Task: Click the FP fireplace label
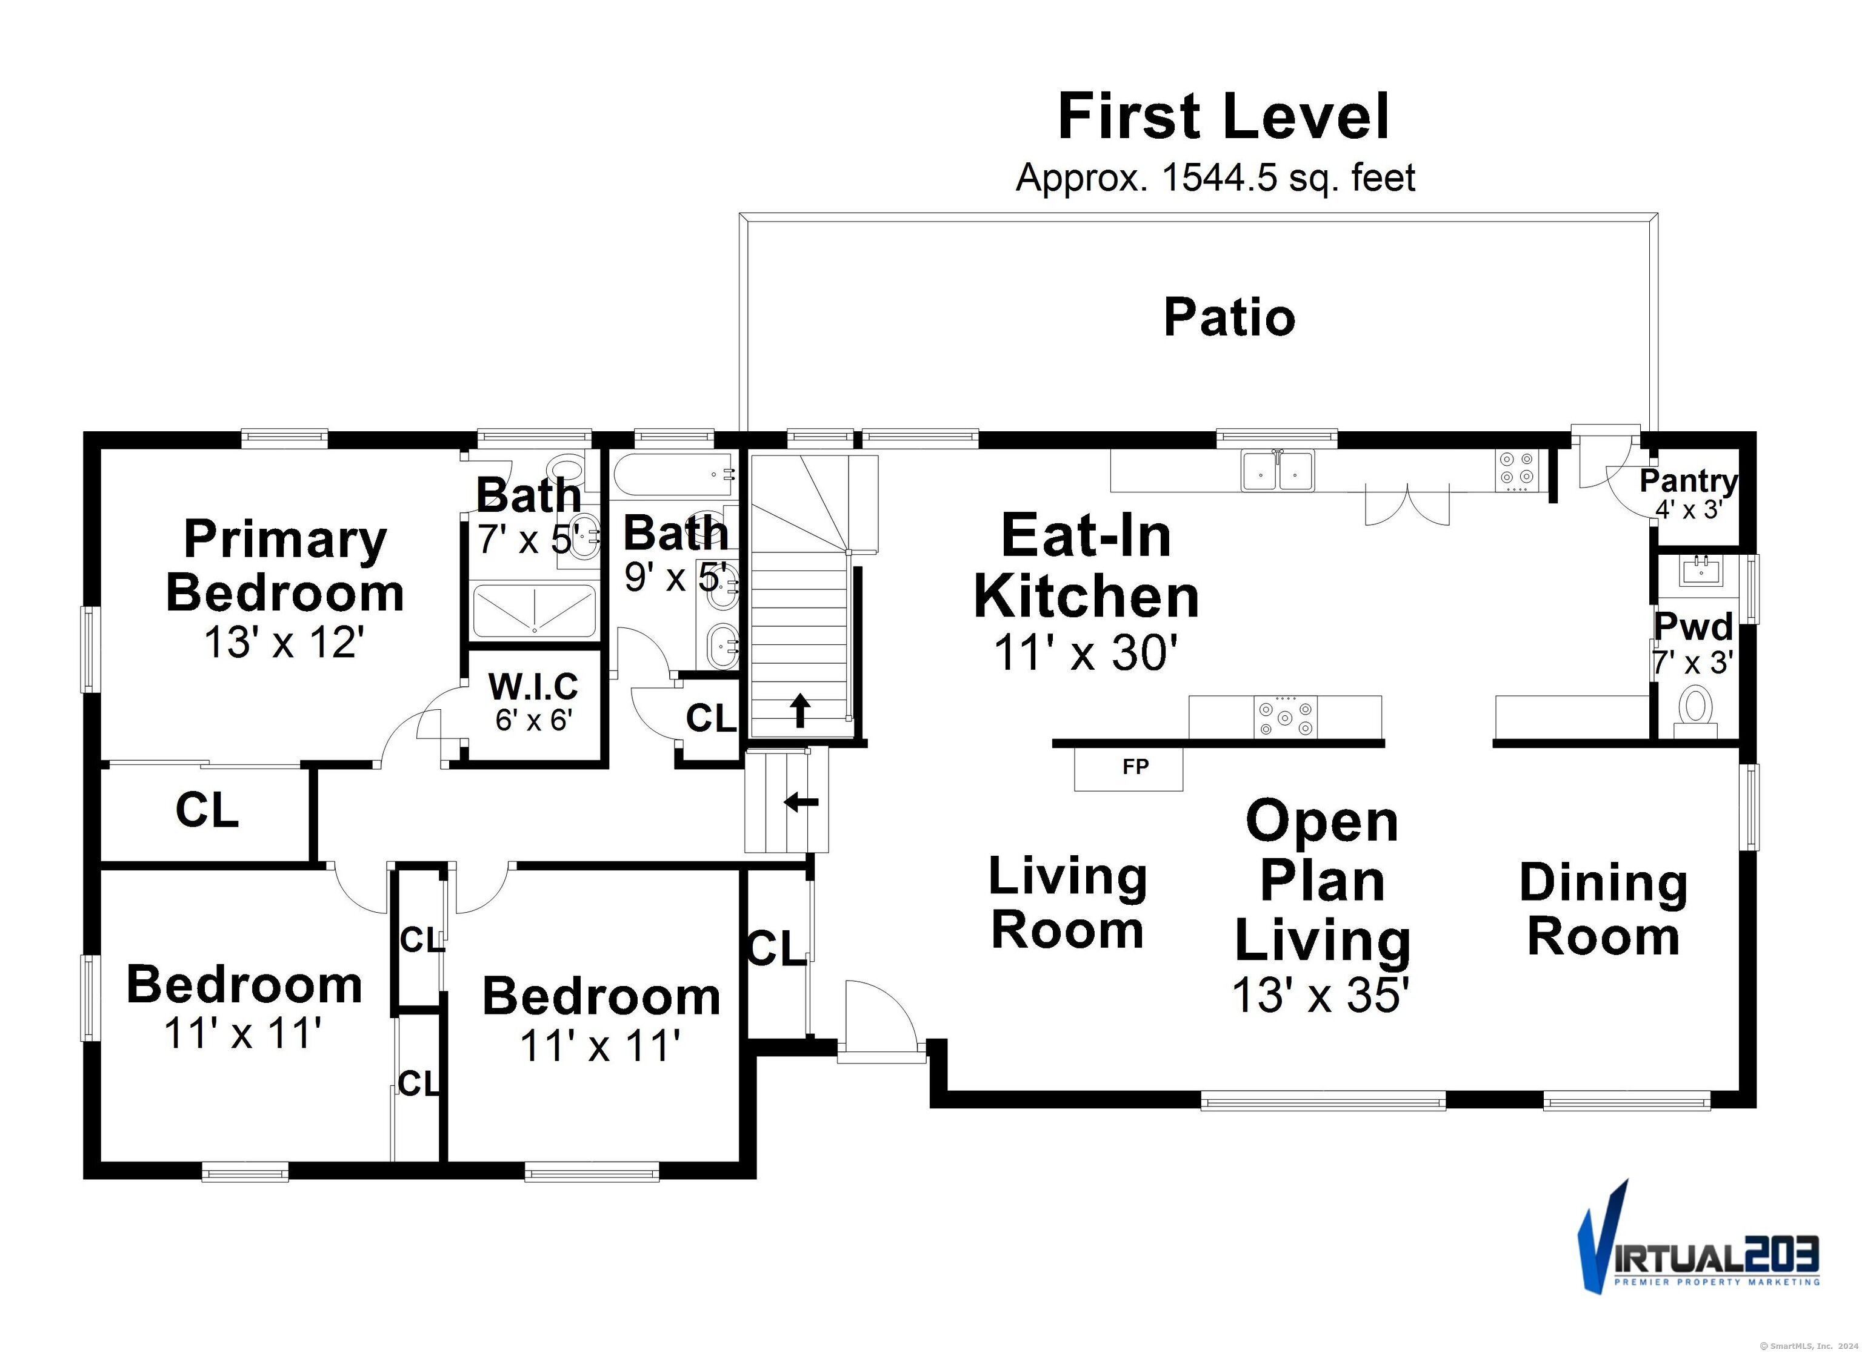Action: (1135, 766)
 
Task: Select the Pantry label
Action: (1689, 481)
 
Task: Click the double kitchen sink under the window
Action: (1278, 470)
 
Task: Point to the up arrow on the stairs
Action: (799, 710)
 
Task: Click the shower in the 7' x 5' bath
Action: (535, 610)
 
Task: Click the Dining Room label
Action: (1603, 909)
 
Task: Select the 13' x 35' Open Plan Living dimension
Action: (1321, 995)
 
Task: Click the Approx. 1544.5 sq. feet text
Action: (1216, 178)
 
